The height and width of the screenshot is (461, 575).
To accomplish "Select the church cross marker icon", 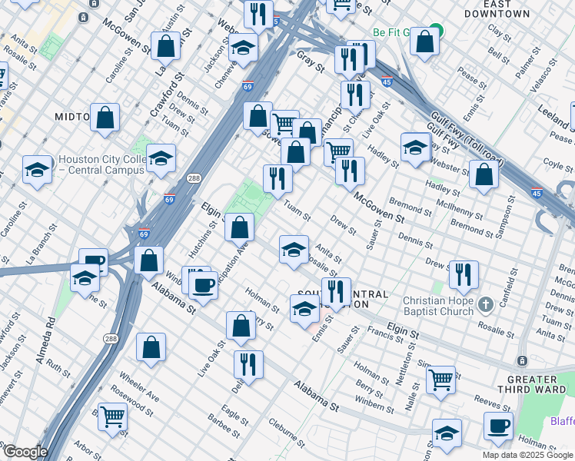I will pyautogui.click(x=485, y=305).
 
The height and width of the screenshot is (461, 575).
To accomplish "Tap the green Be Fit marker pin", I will pyautogui.click(x=436, y=32).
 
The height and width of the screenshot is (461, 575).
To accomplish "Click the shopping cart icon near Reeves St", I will pyautogui.click(x=440, y=378).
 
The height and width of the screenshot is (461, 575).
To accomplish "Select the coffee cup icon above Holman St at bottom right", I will pyautogui.click(x=497, y=425).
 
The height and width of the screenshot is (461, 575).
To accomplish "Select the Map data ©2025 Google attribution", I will pyautogui.click(x=528, y=455).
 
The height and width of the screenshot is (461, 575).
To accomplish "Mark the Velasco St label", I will pyautogui.click(x=545, y=78).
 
